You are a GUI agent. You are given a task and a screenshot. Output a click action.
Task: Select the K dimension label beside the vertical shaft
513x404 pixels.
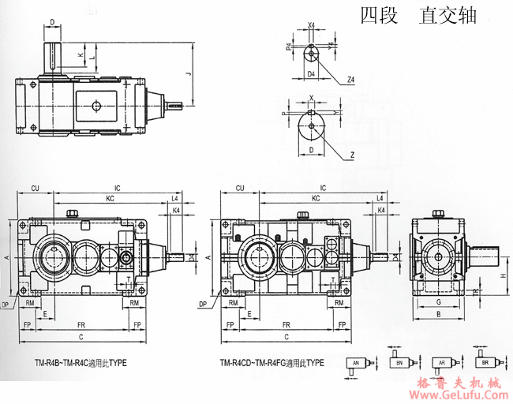[x=80, y=54]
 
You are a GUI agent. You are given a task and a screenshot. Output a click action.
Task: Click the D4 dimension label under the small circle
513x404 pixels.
[x=312, y=73]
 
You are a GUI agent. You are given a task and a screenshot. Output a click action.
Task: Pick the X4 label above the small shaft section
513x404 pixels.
[x=312, y=25]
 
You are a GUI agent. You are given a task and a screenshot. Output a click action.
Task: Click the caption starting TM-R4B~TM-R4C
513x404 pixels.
[x=80, y=364]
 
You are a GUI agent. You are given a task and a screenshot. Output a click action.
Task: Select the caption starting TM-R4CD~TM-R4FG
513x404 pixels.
[x=272, y=364]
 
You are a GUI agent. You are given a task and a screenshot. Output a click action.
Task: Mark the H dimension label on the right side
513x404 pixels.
[x=503, y=275]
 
